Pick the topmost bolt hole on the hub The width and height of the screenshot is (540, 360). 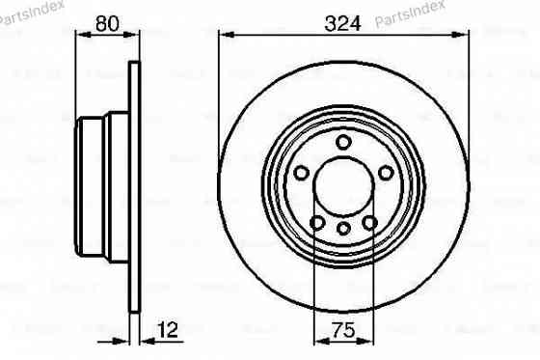[344, 142]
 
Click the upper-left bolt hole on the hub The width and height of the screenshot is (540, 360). [301, 173]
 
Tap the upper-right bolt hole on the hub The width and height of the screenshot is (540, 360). [387, 173]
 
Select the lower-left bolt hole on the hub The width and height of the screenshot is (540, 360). [317, 224]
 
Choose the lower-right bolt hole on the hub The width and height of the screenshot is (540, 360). [370, 224]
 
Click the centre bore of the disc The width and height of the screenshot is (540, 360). [344, 188]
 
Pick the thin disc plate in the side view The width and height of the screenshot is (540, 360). [134, 188]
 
